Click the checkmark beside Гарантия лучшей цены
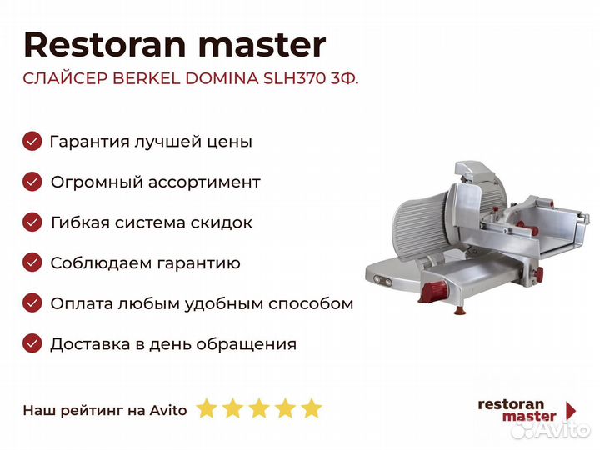32,141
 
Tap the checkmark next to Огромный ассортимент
32,182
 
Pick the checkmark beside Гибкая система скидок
32,222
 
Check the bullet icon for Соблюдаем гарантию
32,263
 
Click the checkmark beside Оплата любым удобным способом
32,303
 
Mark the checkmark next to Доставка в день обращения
32,343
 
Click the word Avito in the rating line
168,409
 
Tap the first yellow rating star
207,408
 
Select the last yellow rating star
311,408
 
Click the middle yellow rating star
259,408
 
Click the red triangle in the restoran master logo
571,409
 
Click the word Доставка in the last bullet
87,343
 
